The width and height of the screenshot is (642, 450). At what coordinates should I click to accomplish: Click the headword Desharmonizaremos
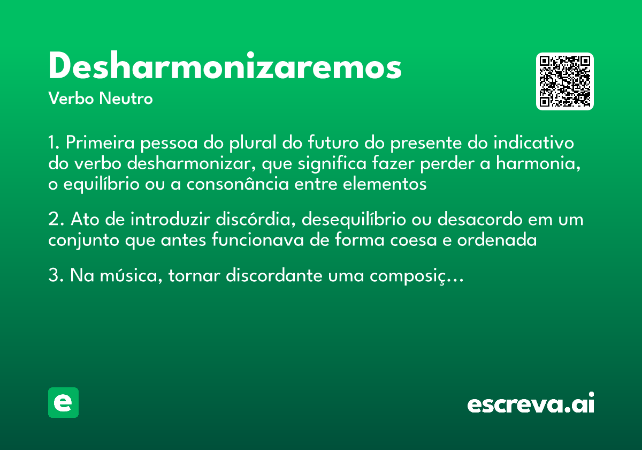point(225,67)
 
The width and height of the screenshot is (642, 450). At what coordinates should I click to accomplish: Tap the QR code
point(565,81)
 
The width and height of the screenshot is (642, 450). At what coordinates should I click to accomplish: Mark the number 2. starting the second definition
point(56,220)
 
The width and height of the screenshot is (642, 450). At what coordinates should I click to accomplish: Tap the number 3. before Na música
point(56,276)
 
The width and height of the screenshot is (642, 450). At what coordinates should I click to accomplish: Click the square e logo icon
point(63,402)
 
